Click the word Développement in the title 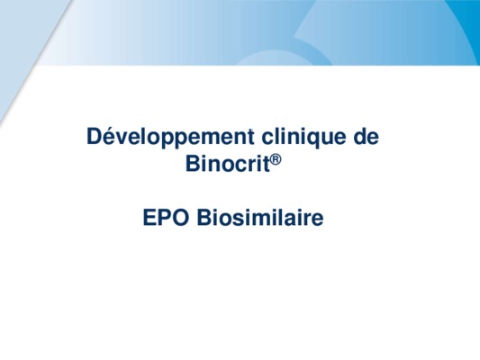(x=170, y=137)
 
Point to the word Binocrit (x=228, y=163)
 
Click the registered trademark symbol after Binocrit (x=276, y=160)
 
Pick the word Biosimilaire (x=260, y=217)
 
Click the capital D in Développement (x=95, y=137)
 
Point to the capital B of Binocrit (x=193, y=163)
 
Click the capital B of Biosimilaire (x=204, y=218)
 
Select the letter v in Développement (x=124, y=139)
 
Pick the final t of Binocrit (x=267, y=164)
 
